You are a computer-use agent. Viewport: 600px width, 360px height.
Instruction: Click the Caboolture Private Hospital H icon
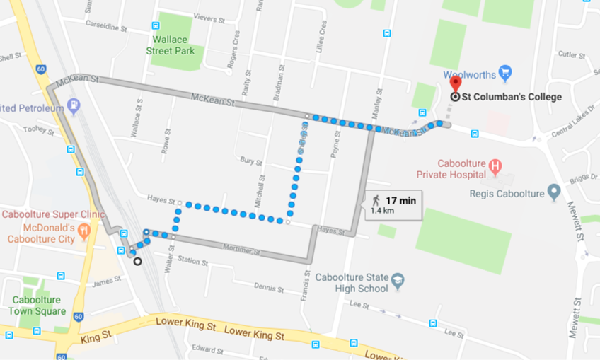495,168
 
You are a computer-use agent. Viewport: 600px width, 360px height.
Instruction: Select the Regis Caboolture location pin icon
554,192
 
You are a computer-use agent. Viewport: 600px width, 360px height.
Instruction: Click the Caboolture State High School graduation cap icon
398,281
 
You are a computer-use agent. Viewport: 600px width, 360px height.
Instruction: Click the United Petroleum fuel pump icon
74,107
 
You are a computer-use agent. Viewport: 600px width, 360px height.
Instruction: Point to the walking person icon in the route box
376,201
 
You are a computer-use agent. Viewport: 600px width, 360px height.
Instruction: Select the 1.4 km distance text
382,211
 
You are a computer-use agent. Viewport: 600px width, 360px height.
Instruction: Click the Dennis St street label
269,287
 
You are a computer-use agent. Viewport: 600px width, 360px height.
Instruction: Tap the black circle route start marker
137,261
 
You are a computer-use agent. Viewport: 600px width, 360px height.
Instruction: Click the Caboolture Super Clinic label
52,214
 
